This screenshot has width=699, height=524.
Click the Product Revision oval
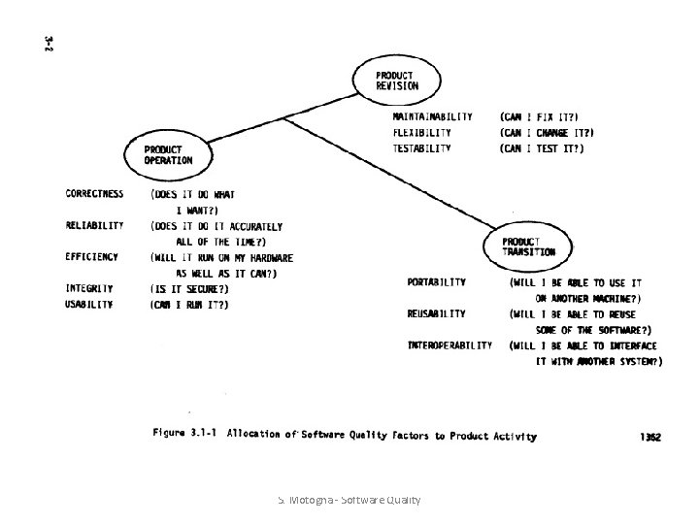(x=397, y=80)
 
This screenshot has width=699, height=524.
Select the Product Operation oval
(x=168, y=154)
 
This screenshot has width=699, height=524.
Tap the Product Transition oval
(x=529, y=246)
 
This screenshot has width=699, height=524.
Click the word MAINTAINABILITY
(x=432, y=115)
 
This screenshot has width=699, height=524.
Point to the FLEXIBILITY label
(x=421, y=132)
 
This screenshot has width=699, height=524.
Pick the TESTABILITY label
(x=421, y=148)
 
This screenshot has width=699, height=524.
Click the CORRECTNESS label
(x=96, y=193)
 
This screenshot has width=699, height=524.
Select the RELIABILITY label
(x=94, y=225)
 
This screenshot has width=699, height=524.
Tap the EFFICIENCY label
(x=92, y=257)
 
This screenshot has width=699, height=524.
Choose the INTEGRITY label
(x=89, y=288)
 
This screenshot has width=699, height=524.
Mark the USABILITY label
(x=89, y=305)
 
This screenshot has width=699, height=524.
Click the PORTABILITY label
(x=436, y=282)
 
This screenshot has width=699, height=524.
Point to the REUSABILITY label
(x=436, y=313)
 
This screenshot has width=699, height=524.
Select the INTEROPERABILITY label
(x=449, y=344)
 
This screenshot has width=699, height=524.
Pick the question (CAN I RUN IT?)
(x=189, y=305)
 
